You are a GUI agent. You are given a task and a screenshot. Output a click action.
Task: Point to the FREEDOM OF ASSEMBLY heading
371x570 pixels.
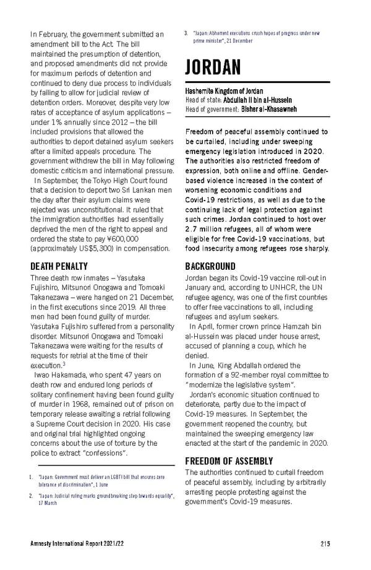(x=229, y=461)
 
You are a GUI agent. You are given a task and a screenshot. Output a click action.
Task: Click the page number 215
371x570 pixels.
(x=326, y=543)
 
